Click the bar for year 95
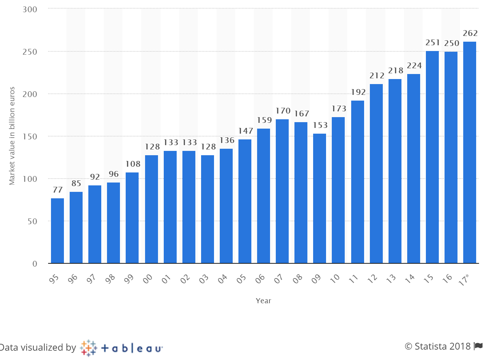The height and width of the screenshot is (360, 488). point(57,231)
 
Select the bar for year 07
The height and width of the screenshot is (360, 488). point(282,191)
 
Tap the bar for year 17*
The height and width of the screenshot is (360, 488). point(470,153)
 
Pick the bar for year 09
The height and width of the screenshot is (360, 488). point(320,198)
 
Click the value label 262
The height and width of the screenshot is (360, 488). point(470,33)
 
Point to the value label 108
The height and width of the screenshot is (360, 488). point(133,164)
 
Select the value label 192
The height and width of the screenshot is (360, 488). point(358,92)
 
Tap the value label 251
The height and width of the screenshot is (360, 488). point(433,43)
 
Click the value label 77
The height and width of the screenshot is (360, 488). point(57,190)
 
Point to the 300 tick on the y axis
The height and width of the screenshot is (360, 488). point(30,9)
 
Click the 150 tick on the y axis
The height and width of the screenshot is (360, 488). point(30,137)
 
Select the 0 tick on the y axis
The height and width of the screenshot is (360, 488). point(35,264)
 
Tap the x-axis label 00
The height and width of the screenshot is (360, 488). point(148,279)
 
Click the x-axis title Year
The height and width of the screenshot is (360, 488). point(263,301)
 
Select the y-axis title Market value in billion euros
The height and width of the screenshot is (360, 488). point(12,136)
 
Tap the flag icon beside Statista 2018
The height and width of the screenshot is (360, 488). point(478,346)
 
